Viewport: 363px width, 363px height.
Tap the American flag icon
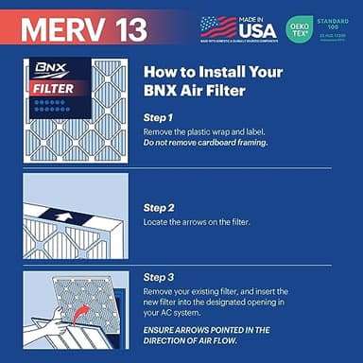[x=218, y=25]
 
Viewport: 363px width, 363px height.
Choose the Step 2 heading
[x=160, y=205]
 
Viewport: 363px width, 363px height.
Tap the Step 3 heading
[x=160, y=277]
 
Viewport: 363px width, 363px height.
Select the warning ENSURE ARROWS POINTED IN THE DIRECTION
[x=207, y=336]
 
